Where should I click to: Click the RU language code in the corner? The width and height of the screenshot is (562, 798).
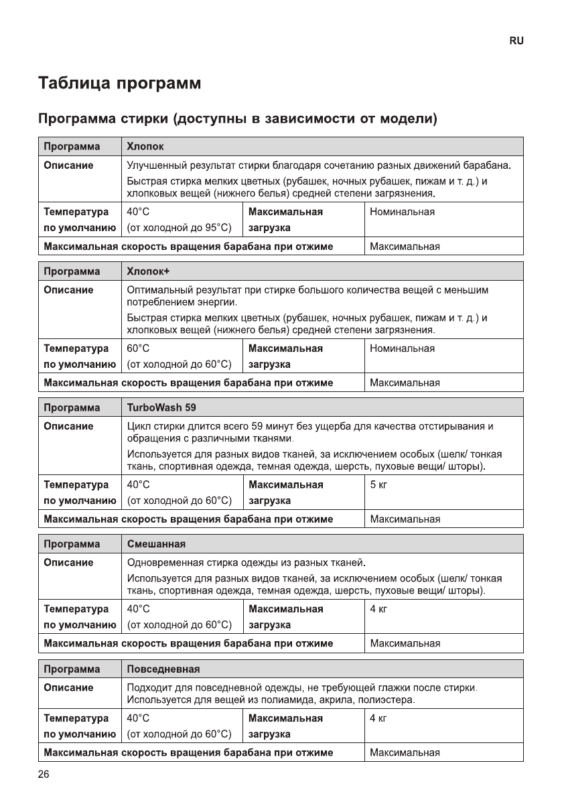pyautogui.click(x=516, y=41)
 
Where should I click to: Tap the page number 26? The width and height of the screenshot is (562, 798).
pyautogui.click(x=44, y=775)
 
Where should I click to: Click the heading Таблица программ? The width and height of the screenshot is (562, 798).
pyautogui.click(x=119, y=84)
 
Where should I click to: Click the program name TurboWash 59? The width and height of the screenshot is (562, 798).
pyautogui.click(x=161, y=407)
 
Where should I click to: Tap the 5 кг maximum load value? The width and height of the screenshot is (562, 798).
pyautogui.click(x=378, y=484)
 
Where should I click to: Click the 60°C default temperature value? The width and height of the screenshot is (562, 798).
pyautogui.click(x=139, y=348)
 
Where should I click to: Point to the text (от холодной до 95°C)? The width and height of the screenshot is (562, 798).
pyautogui.click(x=180, y=228)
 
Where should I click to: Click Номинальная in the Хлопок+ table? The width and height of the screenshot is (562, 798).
pyautogui.click(x=402, y=348)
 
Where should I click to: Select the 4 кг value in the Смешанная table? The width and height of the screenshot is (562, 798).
pyautogui.click(x=378, y=609)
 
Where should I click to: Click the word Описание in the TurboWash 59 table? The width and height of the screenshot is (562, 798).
pyautogui.click(x=68, y=426)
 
